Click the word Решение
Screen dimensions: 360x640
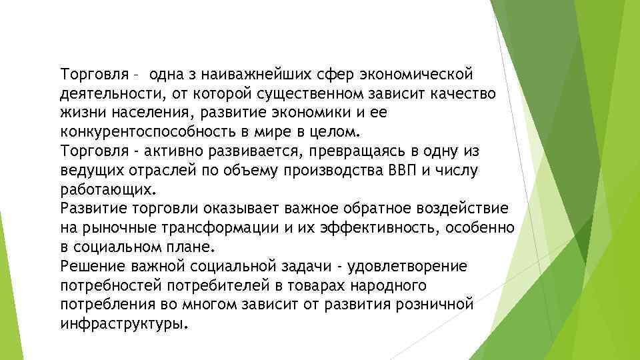click(x=86, y=267)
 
